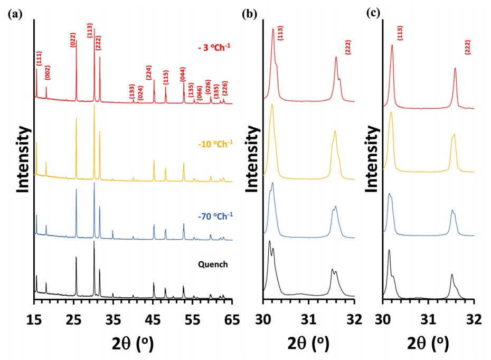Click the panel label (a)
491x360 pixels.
pyautogui.click(x=14, y=14)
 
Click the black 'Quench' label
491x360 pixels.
pyautogui.click(x=214, y=264)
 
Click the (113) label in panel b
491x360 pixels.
pyautogui.click(x=281, y=36)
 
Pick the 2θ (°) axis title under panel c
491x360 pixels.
pyautogui.click(x=428, y=343)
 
